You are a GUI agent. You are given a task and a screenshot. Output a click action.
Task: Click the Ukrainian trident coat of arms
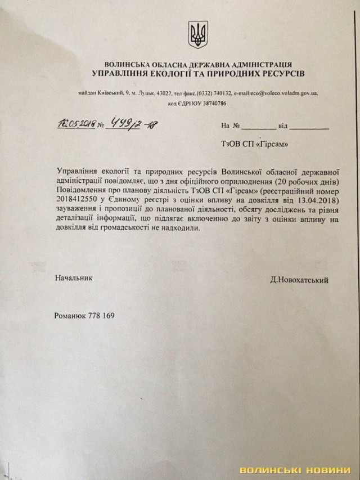coord(198,35)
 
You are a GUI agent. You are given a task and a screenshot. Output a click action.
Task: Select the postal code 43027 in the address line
coord(169,93)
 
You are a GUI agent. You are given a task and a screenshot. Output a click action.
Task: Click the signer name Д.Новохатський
coord(299,280)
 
